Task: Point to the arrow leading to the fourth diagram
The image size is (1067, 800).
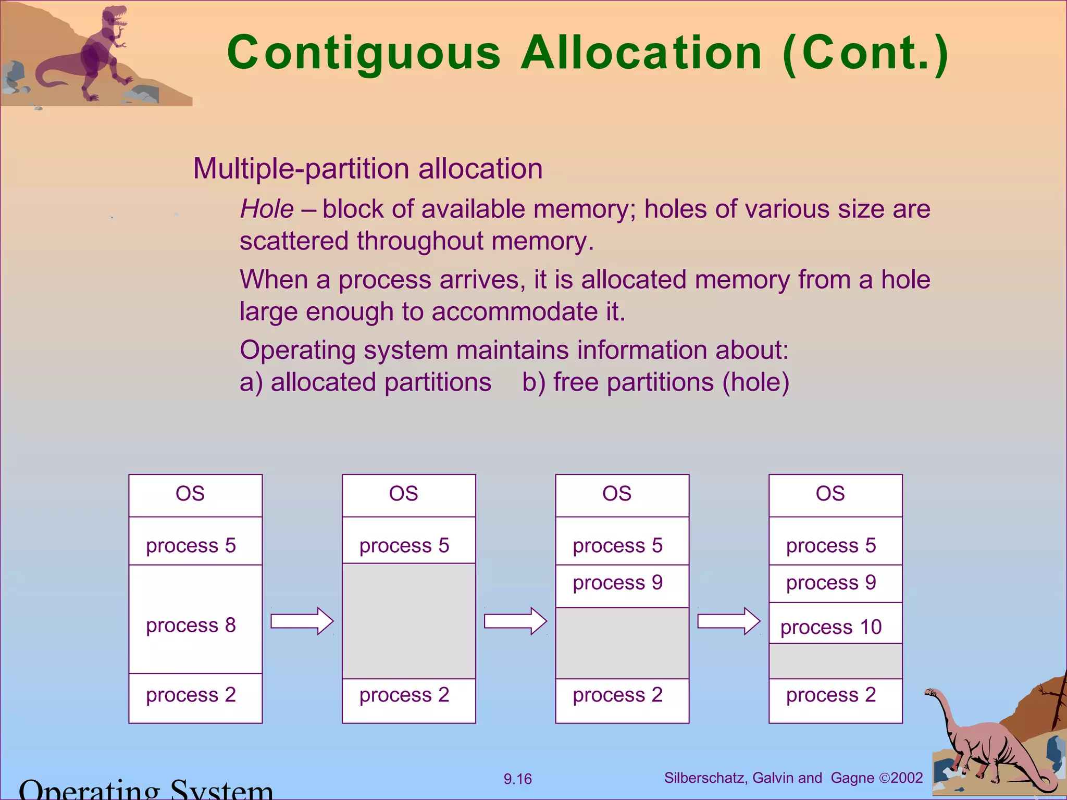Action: coord(729,621)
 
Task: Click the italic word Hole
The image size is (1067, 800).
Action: coord(267,209)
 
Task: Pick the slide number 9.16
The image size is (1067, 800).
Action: coord(517,779)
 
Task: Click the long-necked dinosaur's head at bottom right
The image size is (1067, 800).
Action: coord(930,693)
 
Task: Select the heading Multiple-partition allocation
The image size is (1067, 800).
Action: coord(368,169)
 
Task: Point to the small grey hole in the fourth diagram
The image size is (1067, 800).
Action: coord(835,661)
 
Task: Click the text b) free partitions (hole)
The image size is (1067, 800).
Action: coord(655,382)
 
